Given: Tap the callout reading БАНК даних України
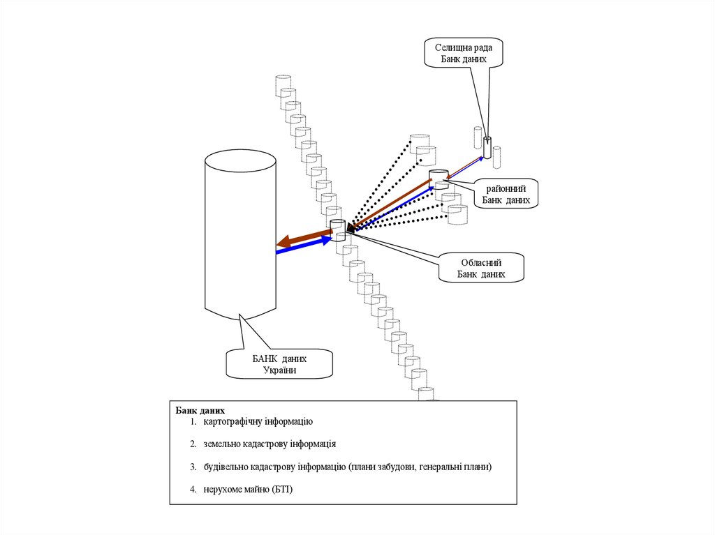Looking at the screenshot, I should click(279, 363).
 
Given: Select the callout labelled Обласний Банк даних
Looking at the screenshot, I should click(481, 268).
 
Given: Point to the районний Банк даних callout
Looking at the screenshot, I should click(506, 194).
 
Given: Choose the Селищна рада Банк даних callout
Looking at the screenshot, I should click(464, 53).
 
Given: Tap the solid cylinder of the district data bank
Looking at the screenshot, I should click(438, 177).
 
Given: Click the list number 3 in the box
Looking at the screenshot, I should click(192, 467).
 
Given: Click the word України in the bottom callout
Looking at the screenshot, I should click(279, 370).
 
